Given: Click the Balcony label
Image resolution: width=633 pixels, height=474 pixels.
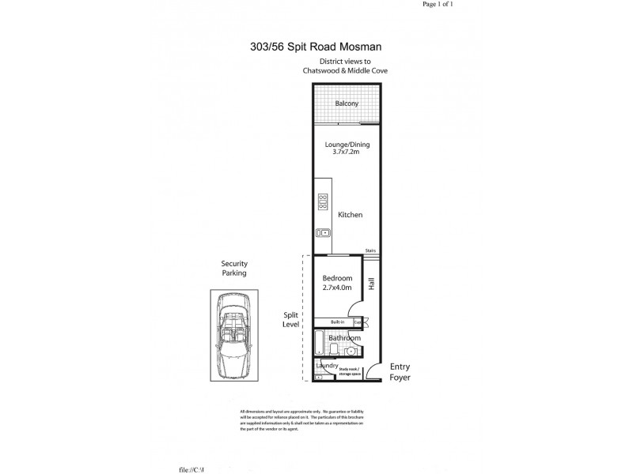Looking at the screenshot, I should (346, 103).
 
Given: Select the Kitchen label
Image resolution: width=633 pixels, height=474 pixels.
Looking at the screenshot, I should (350, 215).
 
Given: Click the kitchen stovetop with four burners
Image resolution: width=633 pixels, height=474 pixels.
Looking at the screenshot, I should (323, 202).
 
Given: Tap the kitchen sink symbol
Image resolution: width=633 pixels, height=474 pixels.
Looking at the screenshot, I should (323, 232).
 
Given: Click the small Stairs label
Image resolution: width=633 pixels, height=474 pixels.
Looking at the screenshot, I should (370, 251).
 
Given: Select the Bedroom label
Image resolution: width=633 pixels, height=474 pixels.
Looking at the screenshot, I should (337, 278).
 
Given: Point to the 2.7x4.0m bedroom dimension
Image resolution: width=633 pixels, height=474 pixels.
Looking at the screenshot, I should (337, 288).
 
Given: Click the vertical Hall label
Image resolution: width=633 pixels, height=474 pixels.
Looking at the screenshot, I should (370, 281).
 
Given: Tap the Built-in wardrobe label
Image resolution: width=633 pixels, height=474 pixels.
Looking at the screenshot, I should (337, 322).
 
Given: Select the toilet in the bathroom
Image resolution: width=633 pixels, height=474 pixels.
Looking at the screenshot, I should (335, 348).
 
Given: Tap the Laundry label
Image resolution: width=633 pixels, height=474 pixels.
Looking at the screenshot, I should (326, 366).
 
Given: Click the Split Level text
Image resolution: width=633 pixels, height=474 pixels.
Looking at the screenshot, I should (290, 319).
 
